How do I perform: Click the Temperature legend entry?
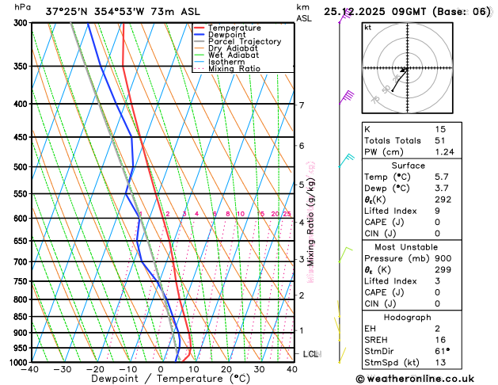tap(236, 28)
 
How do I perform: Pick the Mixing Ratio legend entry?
tap(234, 69)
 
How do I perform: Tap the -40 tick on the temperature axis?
tap(31, 369)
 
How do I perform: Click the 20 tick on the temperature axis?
tap(226, 369)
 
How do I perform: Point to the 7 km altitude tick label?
tap(301, 105)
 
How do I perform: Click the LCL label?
tap(311, 354)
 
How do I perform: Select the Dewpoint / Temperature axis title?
tap(162, 379)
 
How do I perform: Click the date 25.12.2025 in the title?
tap(355, 11)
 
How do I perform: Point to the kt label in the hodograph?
tap(367, 28)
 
